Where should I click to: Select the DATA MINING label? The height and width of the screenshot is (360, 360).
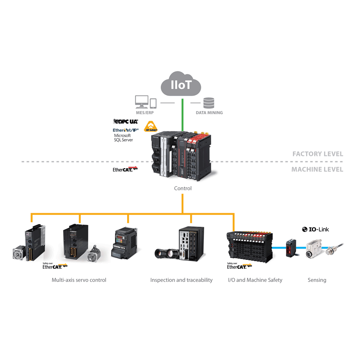point(209,112)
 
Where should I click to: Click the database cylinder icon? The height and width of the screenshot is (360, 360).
point(209,102)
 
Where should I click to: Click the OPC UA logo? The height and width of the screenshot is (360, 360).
point(126,122)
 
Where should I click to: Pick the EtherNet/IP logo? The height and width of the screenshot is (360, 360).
point(126,130)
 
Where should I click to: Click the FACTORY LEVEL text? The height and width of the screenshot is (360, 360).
point(317,154)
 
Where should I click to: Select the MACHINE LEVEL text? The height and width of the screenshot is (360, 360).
point(317,169)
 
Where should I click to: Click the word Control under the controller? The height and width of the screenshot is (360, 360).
point(182,189)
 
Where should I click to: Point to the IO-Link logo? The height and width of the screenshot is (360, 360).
point(315,229)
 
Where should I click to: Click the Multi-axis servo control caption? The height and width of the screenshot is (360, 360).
point(79,280)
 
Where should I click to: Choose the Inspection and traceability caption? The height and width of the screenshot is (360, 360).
point(181,280)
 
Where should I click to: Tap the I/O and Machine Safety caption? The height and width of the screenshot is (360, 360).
point(255,280)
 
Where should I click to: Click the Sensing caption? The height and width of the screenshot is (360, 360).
point(317,280)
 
